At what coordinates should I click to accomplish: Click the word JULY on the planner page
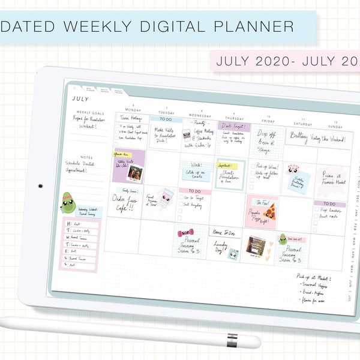coord(80,99)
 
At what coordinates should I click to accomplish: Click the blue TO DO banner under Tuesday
coord(166,119)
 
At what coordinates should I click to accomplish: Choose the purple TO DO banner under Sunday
coord(328,203)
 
